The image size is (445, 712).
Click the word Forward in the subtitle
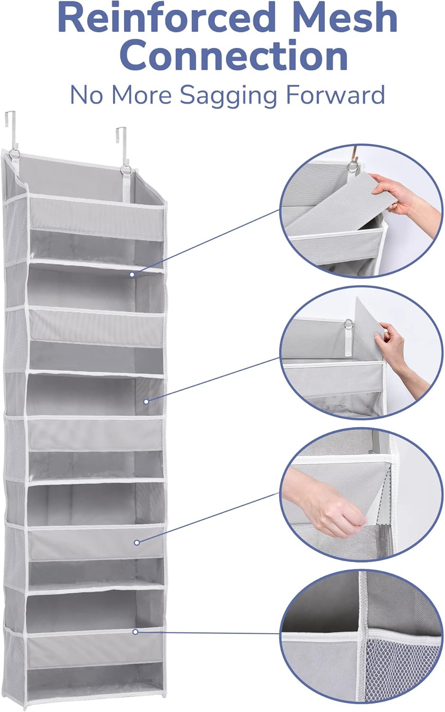point(335,95)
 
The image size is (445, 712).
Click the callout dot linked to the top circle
point(133,274)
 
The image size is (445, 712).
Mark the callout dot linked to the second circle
point(146,402)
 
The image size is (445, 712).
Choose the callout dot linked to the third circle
point(137,542)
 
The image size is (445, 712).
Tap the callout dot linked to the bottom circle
point(135,632)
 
